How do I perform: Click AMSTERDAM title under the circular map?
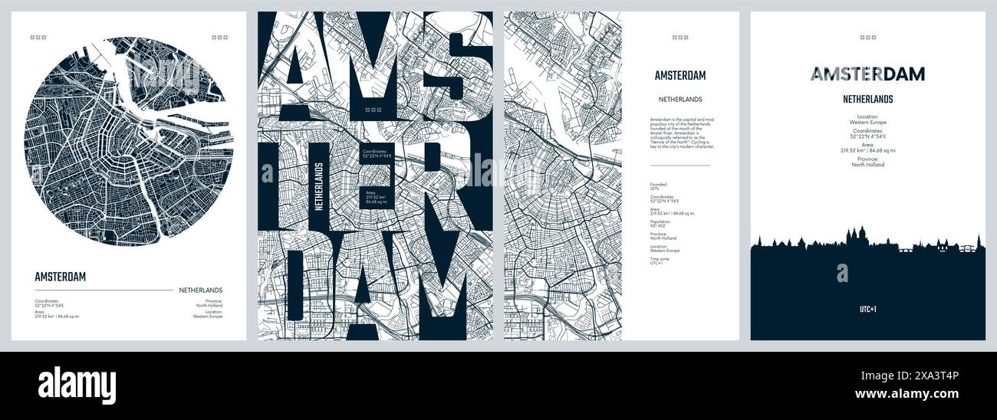click(61, 277)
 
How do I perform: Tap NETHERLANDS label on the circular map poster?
click(201, 290)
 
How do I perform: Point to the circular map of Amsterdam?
click(128, 142)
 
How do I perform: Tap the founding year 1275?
click(653, 187)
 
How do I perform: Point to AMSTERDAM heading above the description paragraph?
click(679, 75)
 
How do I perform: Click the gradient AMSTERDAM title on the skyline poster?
click(867, 74)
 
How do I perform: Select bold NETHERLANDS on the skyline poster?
click(867, 99)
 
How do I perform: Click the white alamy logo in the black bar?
click(77, 386)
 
